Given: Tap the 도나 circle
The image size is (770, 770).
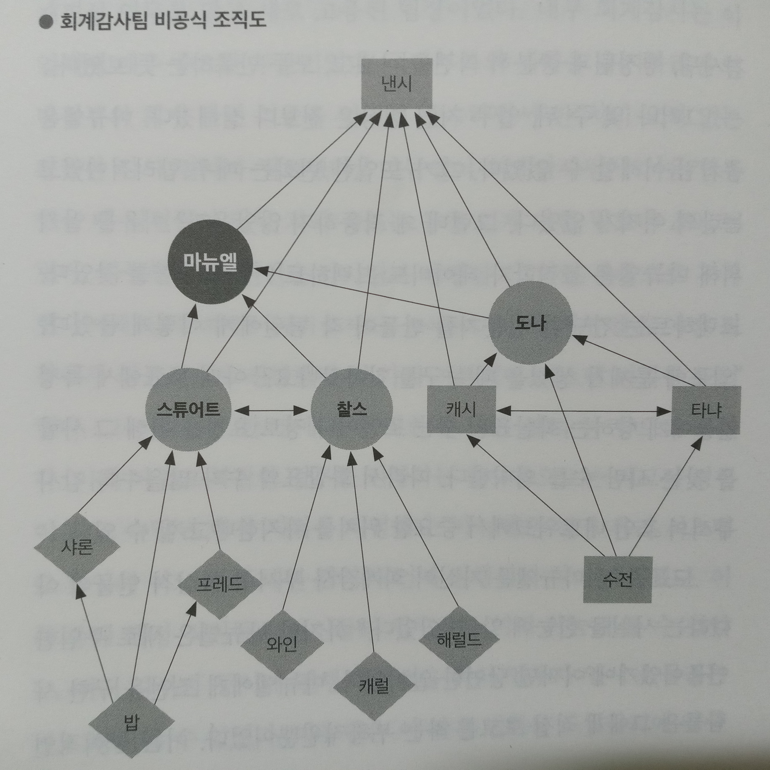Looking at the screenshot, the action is click(x=530, y=323).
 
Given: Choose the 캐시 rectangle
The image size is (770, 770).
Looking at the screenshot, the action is click(x=461, y=409).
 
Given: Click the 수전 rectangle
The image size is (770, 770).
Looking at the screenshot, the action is click(x=617, y=579).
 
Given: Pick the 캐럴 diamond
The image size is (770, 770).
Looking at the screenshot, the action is click(x=374, y=685).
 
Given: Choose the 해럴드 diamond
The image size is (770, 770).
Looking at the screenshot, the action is click(x=459, y=639).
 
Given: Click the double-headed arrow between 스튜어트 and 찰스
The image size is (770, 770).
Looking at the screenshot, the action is click(x=271, y=411).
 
